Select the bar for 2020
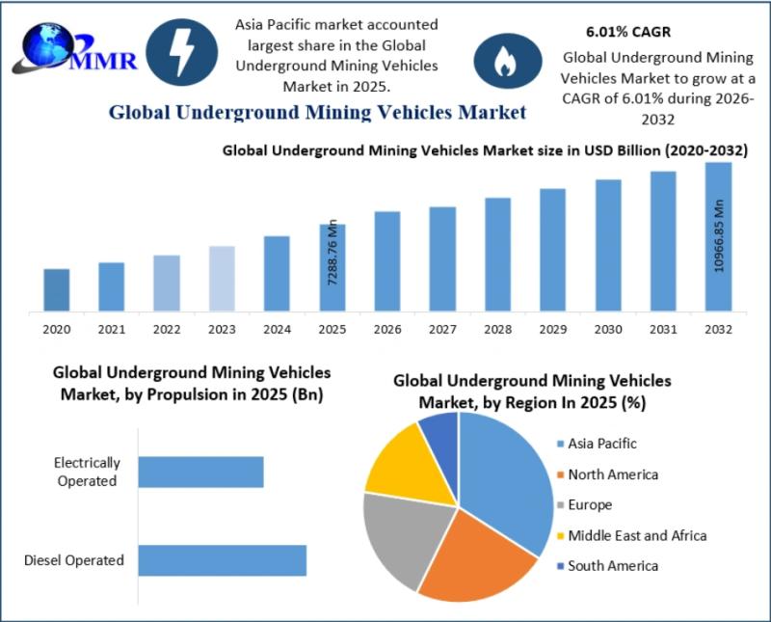(x=57, y=290)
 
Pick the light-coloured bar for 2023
(x=222, y=279)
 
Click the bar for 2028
(x=497, y=255)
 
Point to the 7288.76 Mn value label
(x=333, y=253)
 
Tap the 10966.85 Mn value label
(x=719, y=236)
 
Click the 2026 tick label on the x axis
(x=387, y=329)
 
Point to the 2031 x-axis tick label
(x=663, y=329)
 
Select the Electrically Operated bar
(x=200, y=472)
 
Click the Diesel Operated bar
(x=222, y=560)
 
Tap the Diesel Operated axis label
(x=74, y=560)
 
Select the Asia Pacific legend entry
(x=603, y=444)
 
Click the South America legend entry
(x=613, y=566)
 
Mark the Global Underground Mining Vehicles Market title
(x=317, y=113)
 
